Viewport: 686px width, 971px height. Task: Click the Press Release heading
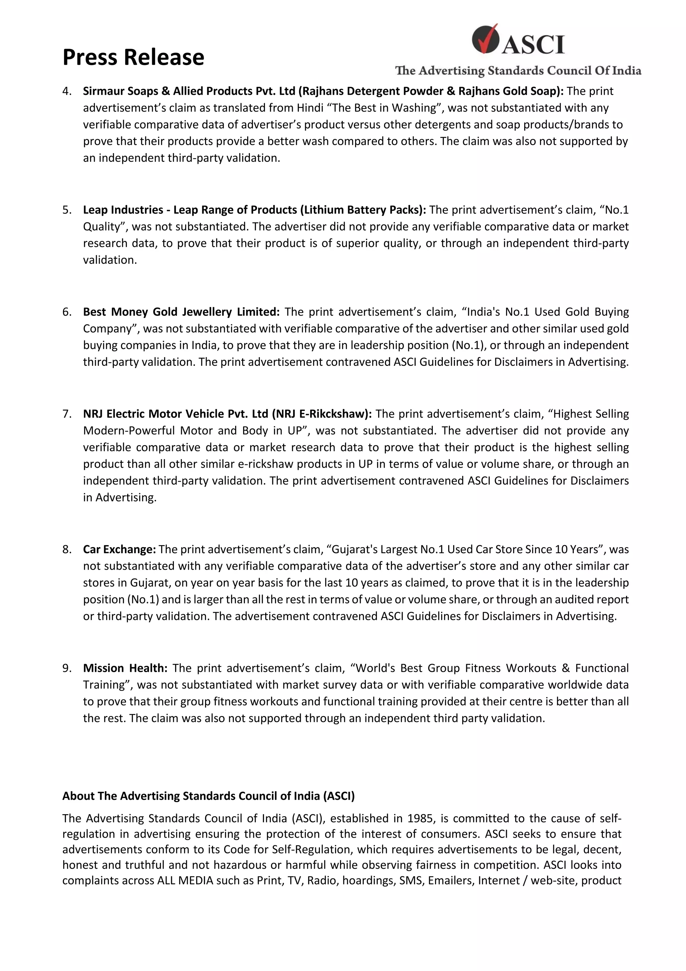point(133,57)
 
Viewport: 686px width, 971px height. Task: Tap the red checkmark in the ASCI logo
point(486,39)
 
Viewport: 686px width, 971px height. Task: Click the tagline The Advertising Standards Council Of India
point(518,71)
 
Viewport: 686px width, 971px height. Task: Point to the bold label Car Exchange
point(119,550)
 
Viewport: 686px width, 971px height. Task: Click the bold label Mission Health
point(125,668)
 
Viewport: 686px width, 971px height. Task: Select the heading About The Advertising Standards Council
point(208,796)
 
